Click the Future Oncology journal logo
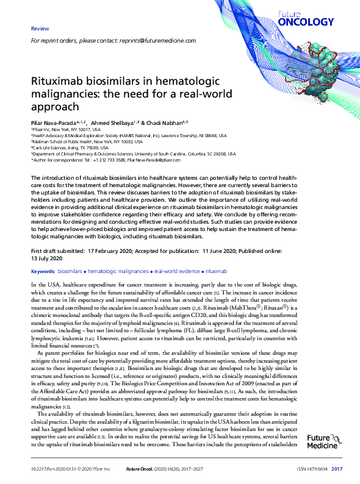(314, 18)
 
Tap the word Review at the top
(40, 29)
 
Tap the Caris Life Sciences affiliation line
(70, 148)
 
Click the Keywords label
(43, 270)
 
